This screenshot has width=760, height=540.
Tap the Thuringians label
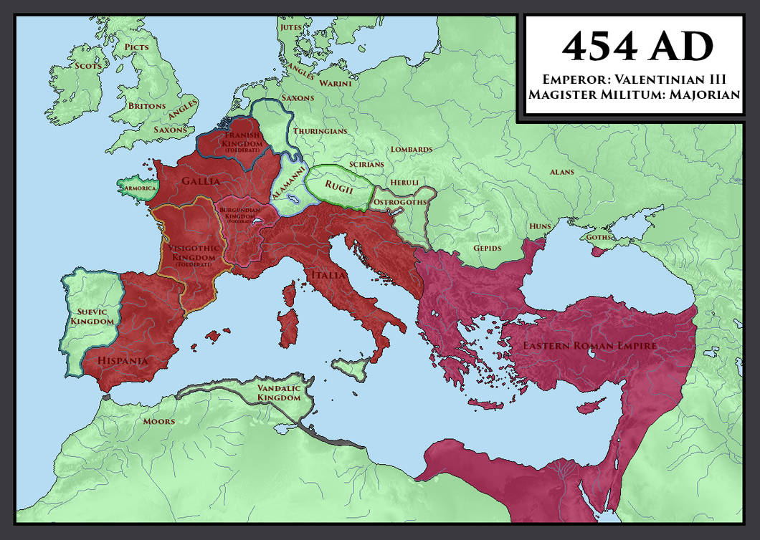320,131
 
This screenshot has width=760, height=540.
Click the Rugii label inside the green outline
338,185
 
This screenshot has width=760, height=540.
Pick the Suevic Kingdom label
92,317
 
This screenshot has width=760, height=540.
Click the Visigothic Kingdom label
191,252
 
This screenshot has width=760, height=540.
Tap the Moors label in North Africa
158,421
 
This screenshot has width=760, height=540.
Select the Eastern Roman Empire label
589,346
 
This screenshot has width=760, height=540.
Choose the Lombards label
411,149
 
